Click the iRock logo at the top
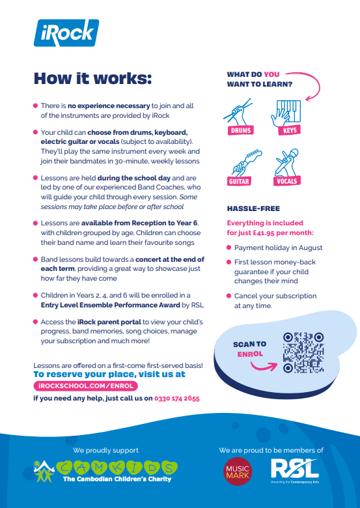point(66,33)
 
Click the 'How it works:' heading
point(93,79)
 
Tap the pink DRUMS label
point(240,130)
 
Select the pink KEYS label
point(290,130)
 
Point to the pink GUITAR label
point(240,181)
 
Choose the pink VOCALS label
point(287,181)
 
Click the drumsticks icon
point(238,112)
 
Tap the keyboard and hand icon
point(286,113)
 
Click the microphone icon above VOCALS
point(286,163)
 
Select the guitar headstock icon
point(245,163)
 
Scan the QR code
point(303,352)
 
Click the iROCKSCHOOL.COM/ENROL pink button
point(86,386)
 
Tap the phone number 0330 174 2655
point(177,398)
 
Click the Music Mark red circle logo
point(238,472)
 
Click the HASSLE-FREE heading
point(253,208)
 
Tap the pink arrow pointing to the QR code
point(264,365)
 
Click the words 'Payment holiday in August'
point(279,248)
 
